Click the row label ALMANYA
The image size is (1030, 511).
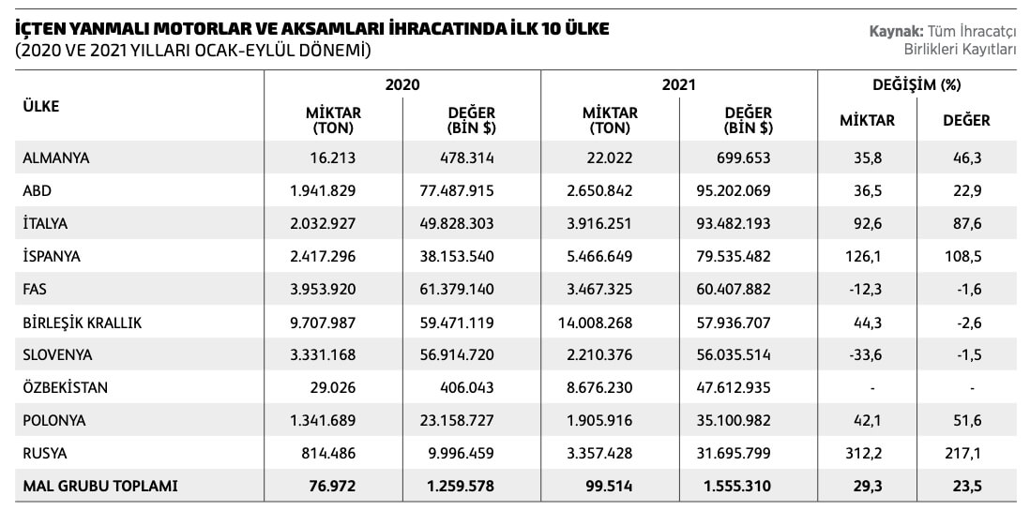(56, 158)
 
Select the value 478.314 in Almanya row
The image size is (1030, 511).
(467, 158)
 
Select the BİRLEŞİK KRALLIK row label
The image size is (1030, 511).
(82, 323)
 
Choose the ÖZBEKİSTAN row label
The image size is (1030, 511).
(65, 388)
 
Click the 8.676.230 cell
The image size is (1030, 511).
(598, 388)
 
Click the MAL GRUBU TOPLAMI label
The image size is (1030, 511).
(100, 487)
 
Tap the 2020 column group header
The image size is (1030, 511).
(402, 84)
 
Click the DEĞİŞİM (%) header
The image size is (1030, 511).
(916, 84)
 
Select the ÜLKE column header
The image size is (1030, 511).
(40, 106)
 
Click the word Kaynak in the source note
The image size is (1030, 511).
(895, 33)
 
